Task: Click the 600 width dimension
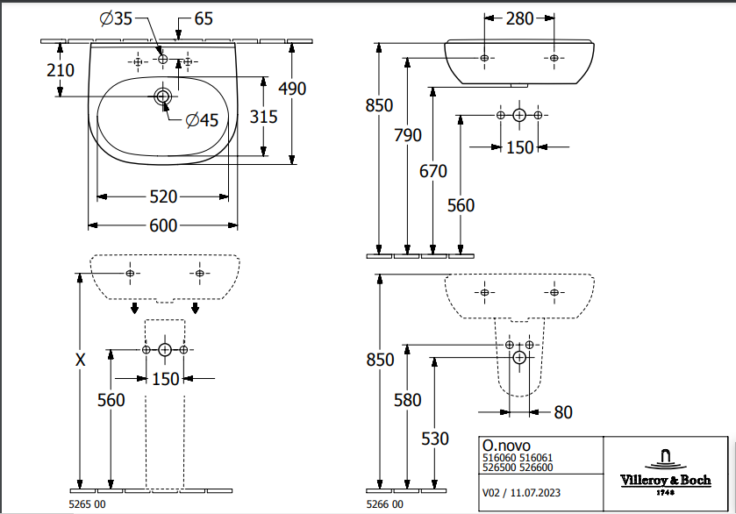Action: coord(163,225)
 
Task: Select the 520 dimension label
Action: coord(163,196)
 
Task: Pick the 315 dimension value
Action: coord(264,116)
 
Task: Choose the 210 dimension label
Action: coord(61,69)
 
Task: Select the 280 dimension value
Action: coord(519,18)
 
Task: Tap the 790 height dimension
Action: coord(408,135)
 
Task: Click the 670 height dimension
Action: coord(433,171)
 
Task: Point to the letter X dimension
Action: coord(81,359)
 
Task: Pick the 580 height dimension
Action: coord(408,400)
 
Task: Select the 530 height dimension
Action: coord(435,439)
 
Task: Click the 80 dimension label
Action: coord(563,411)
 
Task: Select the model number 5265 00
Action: coord(87,504)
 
